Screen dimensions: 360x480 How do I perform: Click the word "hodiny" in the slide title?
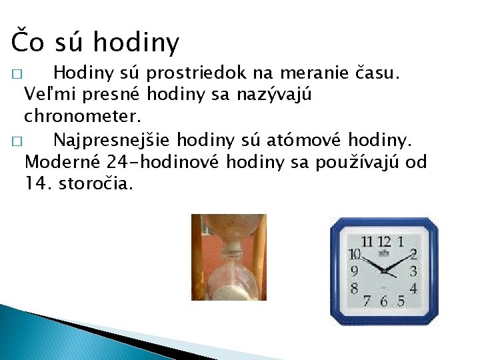[136, 43]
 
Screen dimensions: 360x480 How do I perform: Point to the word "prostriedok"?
[201, 72]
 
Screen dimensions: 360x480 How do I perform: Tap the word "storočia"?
[96, 183]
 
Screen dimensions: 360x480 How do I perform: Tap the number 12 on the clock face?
[384, 241]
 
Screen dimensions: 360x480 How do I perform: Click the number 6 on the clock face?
[384, 301]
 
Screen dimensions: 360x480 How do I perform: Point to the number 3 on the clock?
[413, 271]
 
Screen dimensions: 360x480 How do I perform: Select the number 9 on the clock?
[354, 271]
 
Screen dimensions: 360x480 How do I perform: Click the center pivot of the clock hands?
[384, 271]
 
